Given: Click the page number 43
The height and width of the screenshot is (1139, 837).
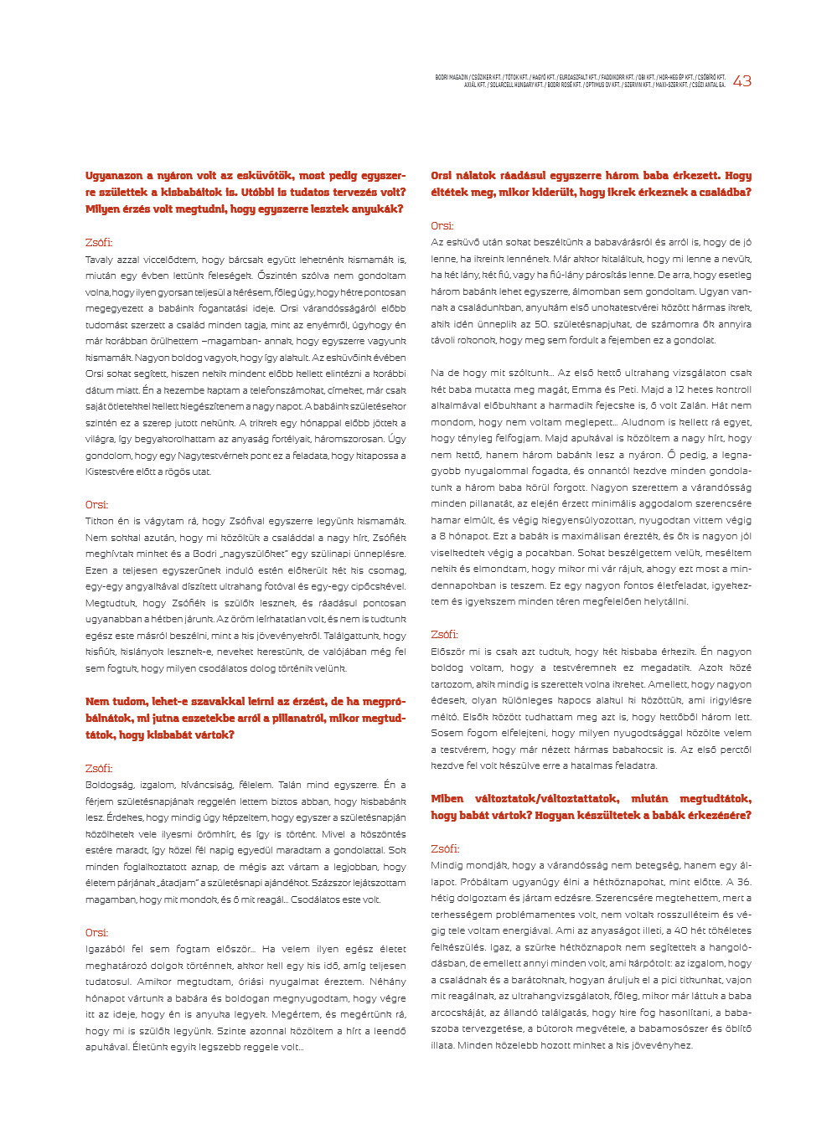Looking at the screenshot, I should [741, 81].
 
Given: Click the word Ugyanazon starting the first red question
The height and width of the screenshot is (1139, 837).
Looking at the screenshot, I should [114, 176].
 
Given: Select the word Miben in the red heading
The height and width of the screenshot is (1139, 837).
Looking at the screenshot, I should [447, 799].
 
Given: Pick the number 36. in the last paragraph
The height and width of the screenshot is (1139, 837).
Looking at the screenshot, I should [744, 882].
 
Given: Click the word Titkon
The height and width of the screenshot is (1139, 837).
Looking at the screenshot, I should [100, 521].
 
